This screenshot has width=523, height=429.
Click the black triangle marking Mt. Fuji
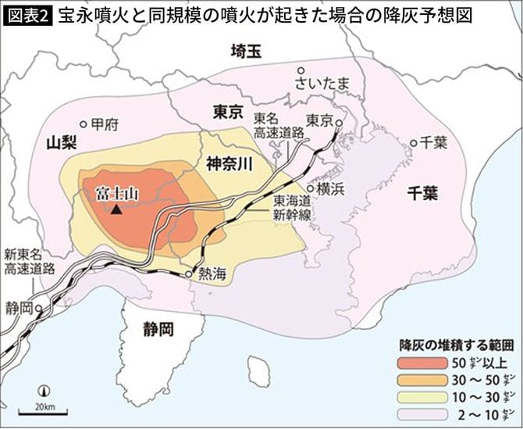click(x=116, y=209)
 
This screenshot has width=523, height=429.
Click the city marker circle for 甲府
click(x=84, y=124)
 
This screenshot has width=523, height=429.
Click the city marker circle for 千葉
click(x=414, y=143)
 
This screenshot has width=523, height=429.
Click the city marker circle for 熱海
click(x=189, y=274)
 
